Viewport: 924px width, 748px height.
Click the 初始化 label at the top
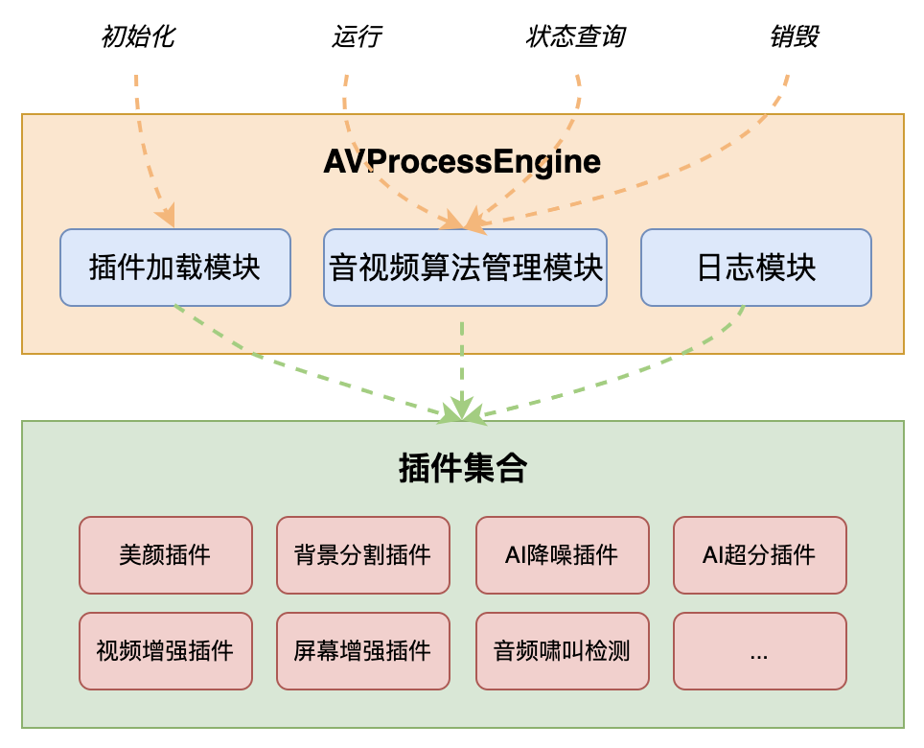[x=138, y=37]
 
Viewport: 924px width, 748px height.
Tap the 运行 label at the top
[x=357, y=37]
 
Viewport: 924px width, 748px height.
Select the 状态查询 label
[x=575, y=37]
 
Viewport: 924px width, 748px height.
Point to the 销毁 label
[x=795, y=37]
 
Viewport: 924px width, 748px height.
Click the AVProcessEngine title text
[x=462, y=162]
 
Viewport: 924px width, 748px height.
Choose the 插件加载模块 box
[x=174, y=268]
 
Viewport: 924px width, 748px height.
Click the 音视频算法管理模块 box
[x=465, y=268]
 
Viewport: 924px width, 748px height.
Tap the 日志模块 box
[x=755, y=268]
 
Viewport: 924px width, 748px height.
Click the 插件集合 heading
[x=462, y=469]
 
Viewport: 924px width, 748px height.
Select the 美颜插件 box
[x=166, y=555]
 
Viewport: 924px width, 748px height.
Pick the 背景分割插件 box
[x=362, y=555]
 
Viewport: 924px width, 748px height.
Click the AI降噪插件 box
[x=562, y=555]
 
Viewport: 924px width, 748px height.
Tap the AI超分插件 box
[x=759, y=555]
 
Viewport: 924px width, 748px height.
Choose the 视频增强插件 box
[x=166, y=651]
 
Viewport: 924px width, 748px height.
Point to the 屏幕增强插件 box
[x=362, y=651]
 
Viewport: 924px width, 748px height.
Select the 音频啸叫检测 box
[x=562, y=651]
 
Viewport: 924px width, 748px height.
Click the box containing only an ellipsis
[x=759, y=651]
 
